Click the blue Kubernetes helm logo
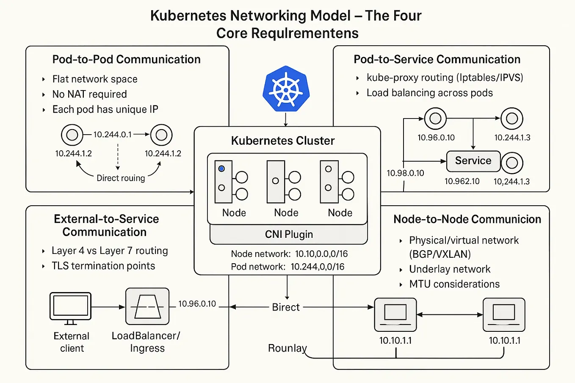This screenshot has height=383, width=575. pyautogui.click(x=286, y=89)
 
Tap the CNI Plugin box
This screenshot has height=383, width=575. pyautogui.click(x=289, y=234)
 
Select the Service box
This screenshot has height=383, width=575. pyautogui.click(x=473, y=161)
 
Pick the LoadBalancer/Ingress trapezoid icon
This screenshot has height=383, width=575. pyautogui.click(x=147, y=306)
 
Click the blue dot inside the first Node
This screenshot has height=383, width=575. pyautogui.click(x=221, y=169)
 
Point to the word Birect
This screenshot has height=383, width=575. pyautogui.click(x=286, y=307)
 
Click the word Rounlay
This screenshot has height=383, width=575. pyautogui.click(x=287, y=348)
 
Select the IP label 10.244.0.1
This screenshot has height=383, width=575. pyautogui.click(x=112, y=135)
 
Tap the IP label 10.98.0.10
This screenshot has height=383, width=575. pyautogui.click(x=405, y=173)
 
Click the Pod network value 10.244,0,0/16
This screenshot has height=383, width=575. pyautogui.click(x=317, y=267)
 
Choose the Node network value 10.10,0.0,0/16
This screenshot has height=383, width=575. pyautogui.click(x=321, y=254)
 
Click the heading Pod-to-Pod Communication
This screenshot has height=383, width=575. pyautogui.click(x=126, y=59)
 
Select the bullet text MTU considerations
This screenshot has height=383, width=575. pyautogui.click(x=454, y=284)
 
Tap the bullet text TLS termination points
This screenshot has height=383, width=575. pyautogui.click(x=103, y=266)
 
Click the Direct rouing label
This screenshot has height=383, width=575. pyautogui.click(x=121, y=178)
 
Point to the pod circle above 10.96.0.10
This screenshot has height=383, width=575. pyautogui.click(x=435, y=119)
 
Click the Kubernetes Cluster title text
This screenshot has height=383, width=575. pyautogui.click(x=283, y=141)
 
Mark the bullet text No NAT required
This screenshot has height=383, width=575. pyautogui.click(x=89, y=94)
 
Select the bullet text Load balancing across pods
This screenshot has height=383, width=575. pyautogui.click(x=429, y=93)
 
